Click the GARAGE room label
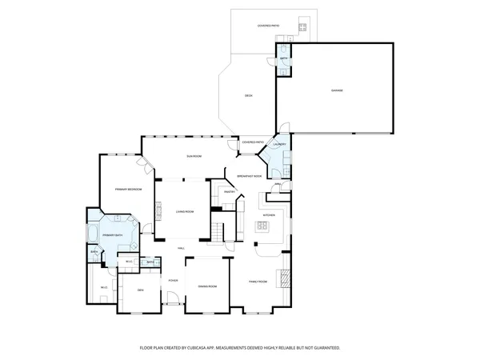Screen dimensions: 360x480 pos(337,90)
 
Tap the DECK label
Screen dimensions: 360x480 pos(249,96)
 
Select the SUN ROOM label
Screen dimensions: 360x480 pos(194,155)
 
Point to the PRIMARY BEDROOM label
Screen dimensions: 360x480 pos(127,189)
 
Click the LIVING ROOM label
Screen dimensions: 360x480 pos(185,212)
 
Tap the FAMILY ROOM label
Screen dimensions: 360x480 pos(258,282)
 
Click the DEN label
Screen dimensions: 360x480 pos(140,289)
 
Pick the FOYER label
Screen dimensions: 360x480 pos(172,281)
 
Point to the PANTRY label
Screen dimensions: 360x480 pos(229,192)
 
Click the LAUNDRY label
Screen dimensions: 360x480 pos(279,145)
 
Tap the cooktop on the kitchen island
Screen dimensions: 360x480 pos(261,227)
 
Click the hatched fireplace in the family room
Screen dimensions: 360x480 pos(281,278)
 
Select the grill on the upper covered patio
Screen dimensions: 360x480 pos(303,27)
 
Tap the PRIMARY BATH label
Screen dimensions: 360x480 pos(112,235)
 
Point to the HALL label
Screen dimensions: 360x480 pos(182,248)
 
